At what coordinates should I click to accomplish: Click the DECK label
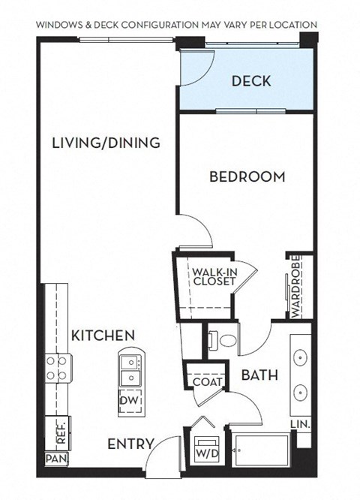(x=250, y=80)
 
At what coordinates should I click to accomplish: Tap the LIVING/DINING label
(x=106, y=143)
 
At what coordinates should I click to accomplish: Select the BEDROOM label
(x=247, y=177)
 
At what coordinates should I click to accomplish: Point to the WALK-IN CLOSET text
(x=214, y=277)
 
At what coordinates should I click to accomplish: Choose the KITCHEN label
(x=103, y=335)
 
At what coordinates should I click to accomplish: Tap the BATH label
(x=259, y=375)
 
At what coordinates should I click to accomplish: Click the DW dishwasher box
(x=128, y=401)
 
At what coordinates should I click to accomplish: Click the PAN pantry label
(x=53, y=457)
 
